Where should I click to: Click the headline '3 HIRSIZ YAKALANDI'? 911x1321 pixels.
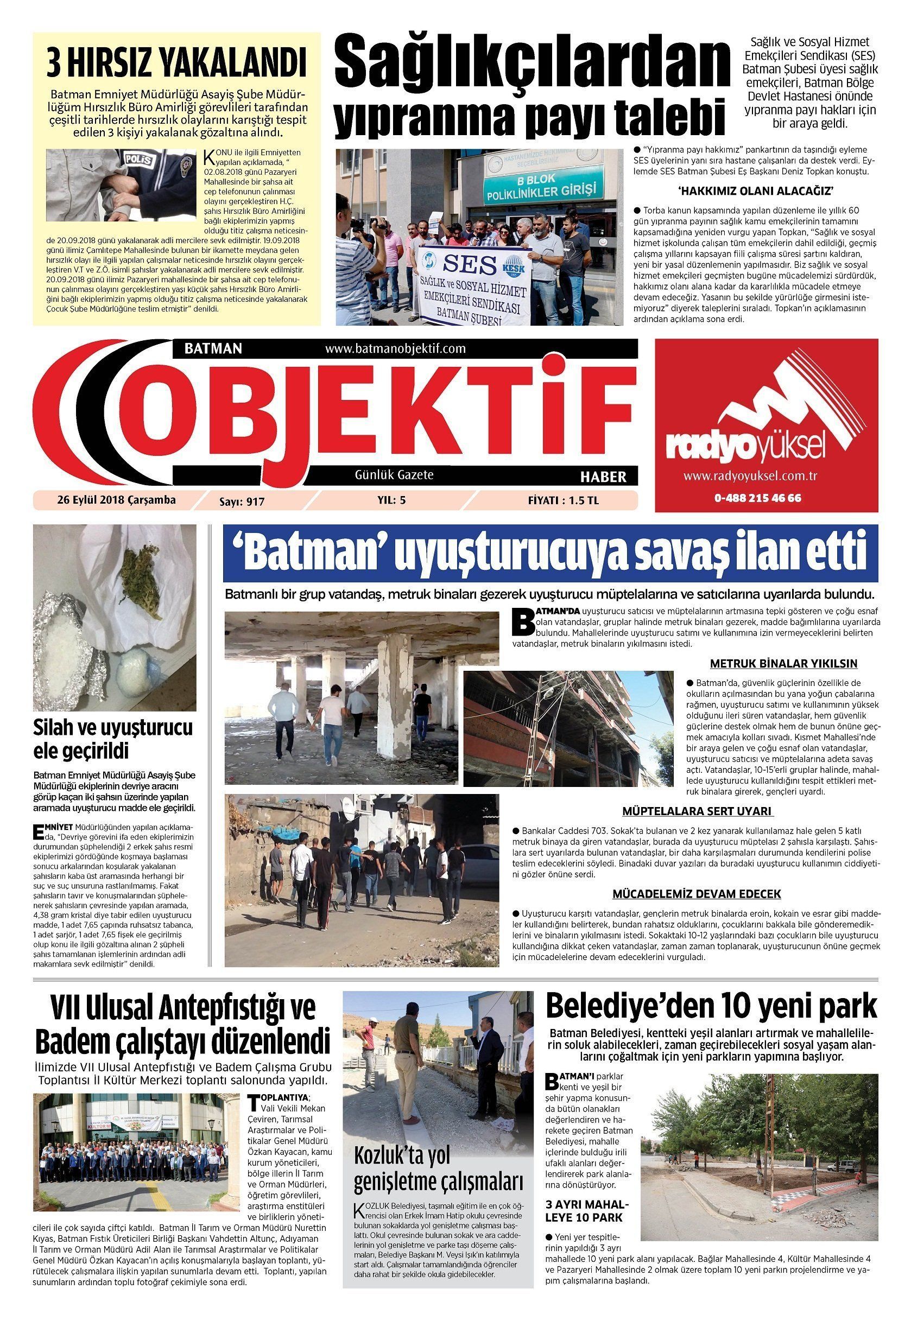coord(176,63)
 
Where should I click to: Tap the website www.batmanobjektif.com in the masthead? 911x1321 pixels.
coord(395,348)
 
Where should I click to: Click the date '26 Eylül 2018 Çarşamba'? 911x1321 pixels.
coord(116,500)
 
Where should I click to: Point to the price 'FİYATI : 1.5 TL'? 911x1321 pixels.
coord(563,500)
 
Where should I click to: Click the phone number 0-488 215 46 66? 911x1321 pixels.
coord(757,498)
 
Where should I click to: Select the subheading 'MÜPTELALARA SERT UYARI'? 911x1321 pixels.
coord(697,811)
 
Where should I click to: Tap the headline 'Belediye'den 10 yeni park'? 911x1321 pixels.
coord(711,1006)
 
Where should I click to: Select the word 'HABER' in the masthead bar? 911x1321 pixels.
coord(603,477)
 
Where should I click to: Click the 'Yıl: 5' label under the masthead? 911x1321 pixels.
coord(391,500)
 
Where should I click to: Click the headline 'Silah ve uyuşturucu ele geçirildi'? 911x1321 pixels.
coord(113,739)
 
